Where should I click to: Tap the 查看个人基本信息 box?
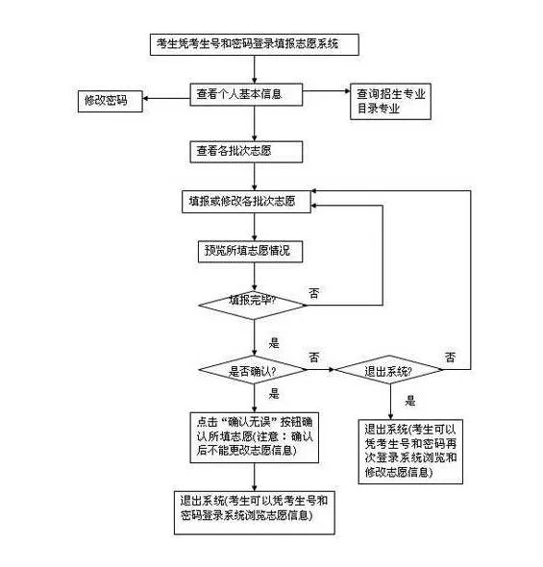pyautogui.click(x=246, y=94)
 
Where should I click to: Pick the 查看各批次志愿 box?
pyautogui.click(x=246, y=151)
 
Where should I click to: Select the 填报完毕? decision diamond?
pyautogui.click(x=253, y=302)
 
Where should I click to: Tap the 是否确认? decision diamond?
pyautogui.click(x=253, y=371)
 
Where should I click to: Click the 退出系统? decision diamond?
pyautogui.click(x=390, y=371)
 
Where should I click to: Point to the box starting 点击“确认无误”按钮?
pyautogui.click(x=256, y=436)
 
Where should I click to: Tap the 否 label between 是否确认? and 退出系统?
pyautogui.click(x=314, y=357)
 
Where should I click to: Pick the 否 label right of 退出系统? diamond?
pyautogui.click(x=450, y=357)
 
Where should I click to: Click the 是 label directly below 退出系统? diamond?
pyautogui.click(x=410, y=401)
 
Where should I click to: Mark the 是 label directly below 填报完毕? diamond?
pyautogui.click(x=274, y=342)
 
